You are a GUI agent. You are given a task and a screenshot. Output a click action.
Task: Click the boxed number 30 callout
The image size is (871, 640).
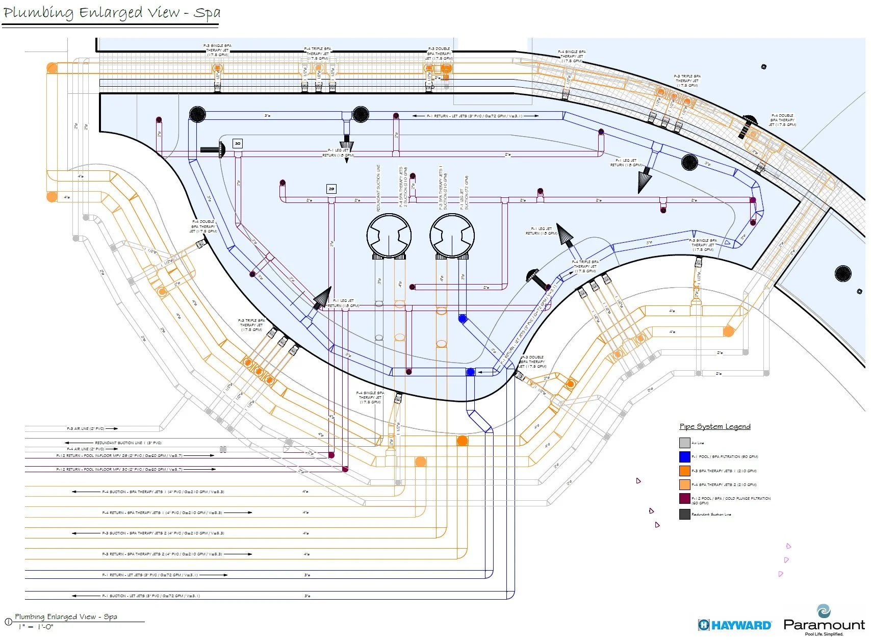click(x=238, y=144)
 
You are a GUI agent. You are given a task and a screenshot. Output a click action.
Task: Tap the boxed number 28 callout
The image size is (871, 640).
click(x=331, y=189)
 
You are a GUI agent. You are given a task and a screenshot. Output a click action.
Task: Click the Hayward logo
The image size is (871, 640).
click(x=735, y=625)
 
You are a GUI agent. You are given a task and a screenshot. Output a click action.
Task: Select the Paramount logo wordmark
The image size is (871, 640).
click(x=824, y=625)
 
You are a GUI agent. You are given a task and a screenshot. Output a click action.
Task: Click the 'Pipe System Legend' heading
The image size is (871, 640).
click(x=714, y=427)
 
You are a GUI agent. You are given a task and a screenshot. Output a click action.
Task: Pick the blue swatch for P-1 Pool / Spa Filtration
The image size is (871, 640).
click(x=684, y=457)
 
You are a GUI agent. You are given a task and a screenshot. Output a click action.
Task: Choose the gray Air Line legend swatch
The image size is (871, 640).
click(x=684, y=443)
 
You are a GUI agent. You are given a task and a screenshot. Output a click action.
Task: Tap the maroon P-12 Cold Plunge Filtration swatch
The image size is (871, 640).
click(x=684, y=499)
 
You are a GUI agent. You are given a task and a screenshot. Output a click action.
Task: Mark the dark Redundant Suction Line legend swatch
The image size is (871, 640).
click(x=684, y=514)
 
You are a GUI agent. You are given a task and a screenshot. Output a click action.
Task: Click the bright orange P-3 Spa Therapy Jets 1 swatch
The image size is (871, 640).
click(x=684, y=471)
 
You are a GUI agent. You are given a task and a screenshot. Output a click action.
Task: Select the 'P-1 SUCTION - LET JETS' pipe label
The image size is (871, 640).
click(x=151, y=596)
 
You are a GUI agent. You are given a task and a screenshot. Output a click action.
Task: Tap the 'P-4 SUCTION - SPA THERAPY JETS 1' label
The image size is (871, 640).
click(x=163, y=492)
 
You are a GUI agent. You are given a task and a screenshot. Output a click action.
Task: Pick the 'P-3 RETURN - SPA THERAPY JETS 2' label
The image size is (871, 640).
click(x=162, y=554)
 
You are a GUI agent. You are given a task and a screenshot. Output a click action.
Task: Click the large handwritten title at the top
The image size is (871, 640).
click(x=111, y=13)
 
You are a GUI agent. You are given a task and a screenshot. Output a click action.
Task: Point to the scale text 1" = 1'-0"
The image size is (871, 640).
click(x=36, y=627)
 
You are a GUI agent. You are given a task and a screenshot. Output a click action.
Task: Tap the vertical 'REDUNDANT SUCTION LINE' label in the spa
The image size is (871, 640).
click(x=378, y=188)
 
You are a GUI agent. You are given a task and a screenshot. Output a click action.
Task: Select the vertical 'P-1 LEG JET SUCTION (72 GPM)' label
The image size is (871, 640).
click(x=464, y=192)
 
